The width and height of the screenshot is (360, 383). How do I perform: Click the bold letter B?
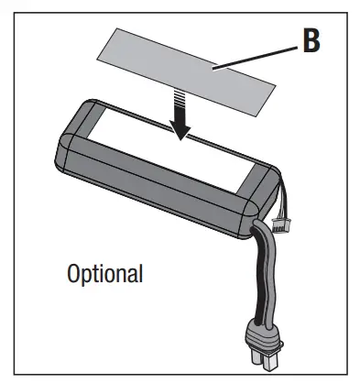pyautogui.click(x=311, y=42)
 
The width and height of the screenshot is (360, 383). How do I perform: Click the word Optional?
pyautogui.click(x=104, y=273)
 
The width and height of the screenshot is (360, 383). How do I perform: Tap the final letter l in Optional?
pyautogui.click(x=139, y=272)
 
